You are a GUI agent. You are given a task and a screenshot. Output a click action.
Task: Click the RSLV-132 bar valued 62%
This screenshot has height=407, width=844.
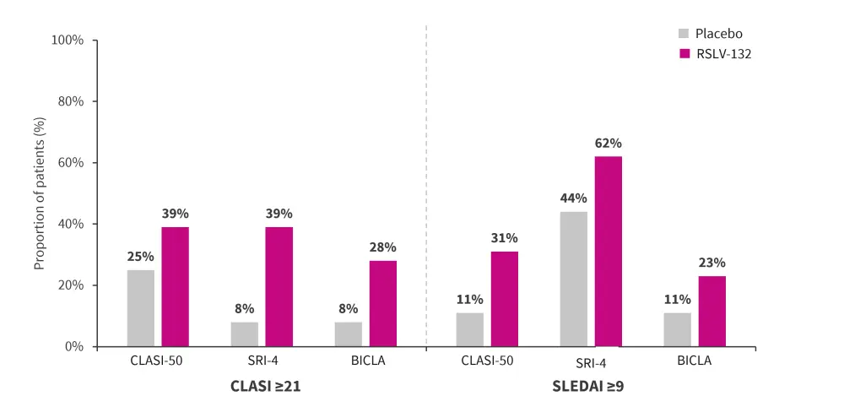[608, 252]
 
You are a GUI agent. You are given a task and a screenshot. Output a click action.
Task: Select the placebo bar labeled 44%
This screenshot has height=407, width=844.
[574, 279]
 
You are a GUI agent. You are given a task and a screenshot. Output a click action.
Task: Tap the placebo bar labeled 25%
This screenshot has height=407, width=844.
[141, 308]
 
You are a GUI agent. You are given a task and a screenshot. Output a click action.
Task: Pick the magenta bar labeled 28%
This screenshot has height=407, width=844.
[383, 303]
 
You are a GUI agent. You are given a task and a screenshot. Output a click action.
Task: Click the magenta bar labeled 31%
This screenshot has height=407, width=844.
[505, 299]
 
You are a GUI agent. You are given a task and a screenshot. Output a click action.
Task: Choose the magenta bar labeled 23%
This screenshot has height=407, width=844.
[711, 311]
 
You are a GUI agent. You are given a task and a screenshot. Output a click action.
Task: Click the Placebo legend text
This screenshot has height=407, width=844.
[719, 34]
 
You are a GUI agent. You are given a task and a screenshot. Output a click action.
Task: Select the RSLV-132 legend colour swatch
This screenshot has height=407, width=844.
[684, 54]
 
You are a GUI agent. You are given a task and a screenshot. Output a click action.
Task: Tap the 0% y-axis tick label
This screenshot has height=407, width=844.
[73, 346]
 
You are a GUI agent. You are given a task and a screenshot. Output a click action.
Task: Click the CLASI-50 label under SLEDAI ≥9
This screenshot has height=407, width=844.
[487, 361]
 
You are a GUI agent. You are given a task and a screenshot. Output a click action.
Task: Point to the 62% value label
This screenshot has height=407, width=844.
[608, 143]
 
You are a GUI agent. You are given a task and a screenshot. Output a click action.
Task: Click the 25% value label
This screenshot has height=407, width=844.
[141, 256]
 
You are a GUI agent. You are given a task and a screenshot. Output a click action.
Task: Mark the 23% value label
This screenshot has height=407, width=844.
[711, 263]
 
